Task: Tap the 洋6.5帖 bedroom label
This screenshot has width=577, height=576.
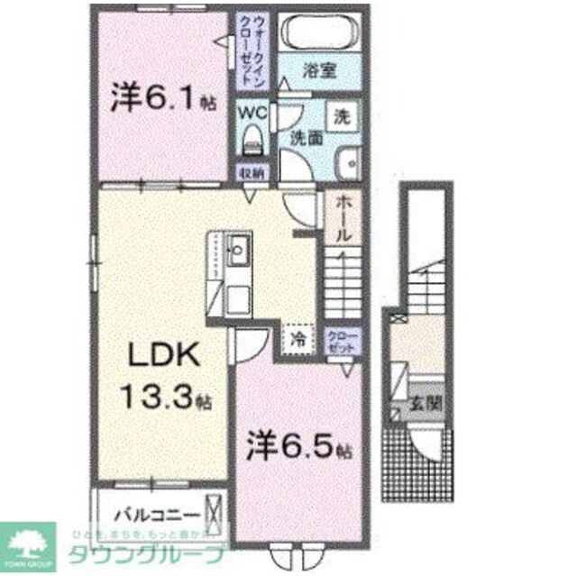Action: (298, 444)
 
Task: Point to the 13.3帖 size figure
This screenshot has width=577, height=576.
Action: (164, 397)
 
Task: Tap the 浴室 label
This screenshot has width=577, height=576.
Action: (318, 70)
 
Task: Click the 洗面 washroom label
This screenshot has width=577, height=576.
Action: (306, 138)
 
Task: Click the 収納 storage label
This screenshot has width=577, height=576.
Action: (252, 172)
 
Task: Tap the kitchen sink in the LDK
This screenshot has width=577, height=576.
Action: (240, 249)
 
